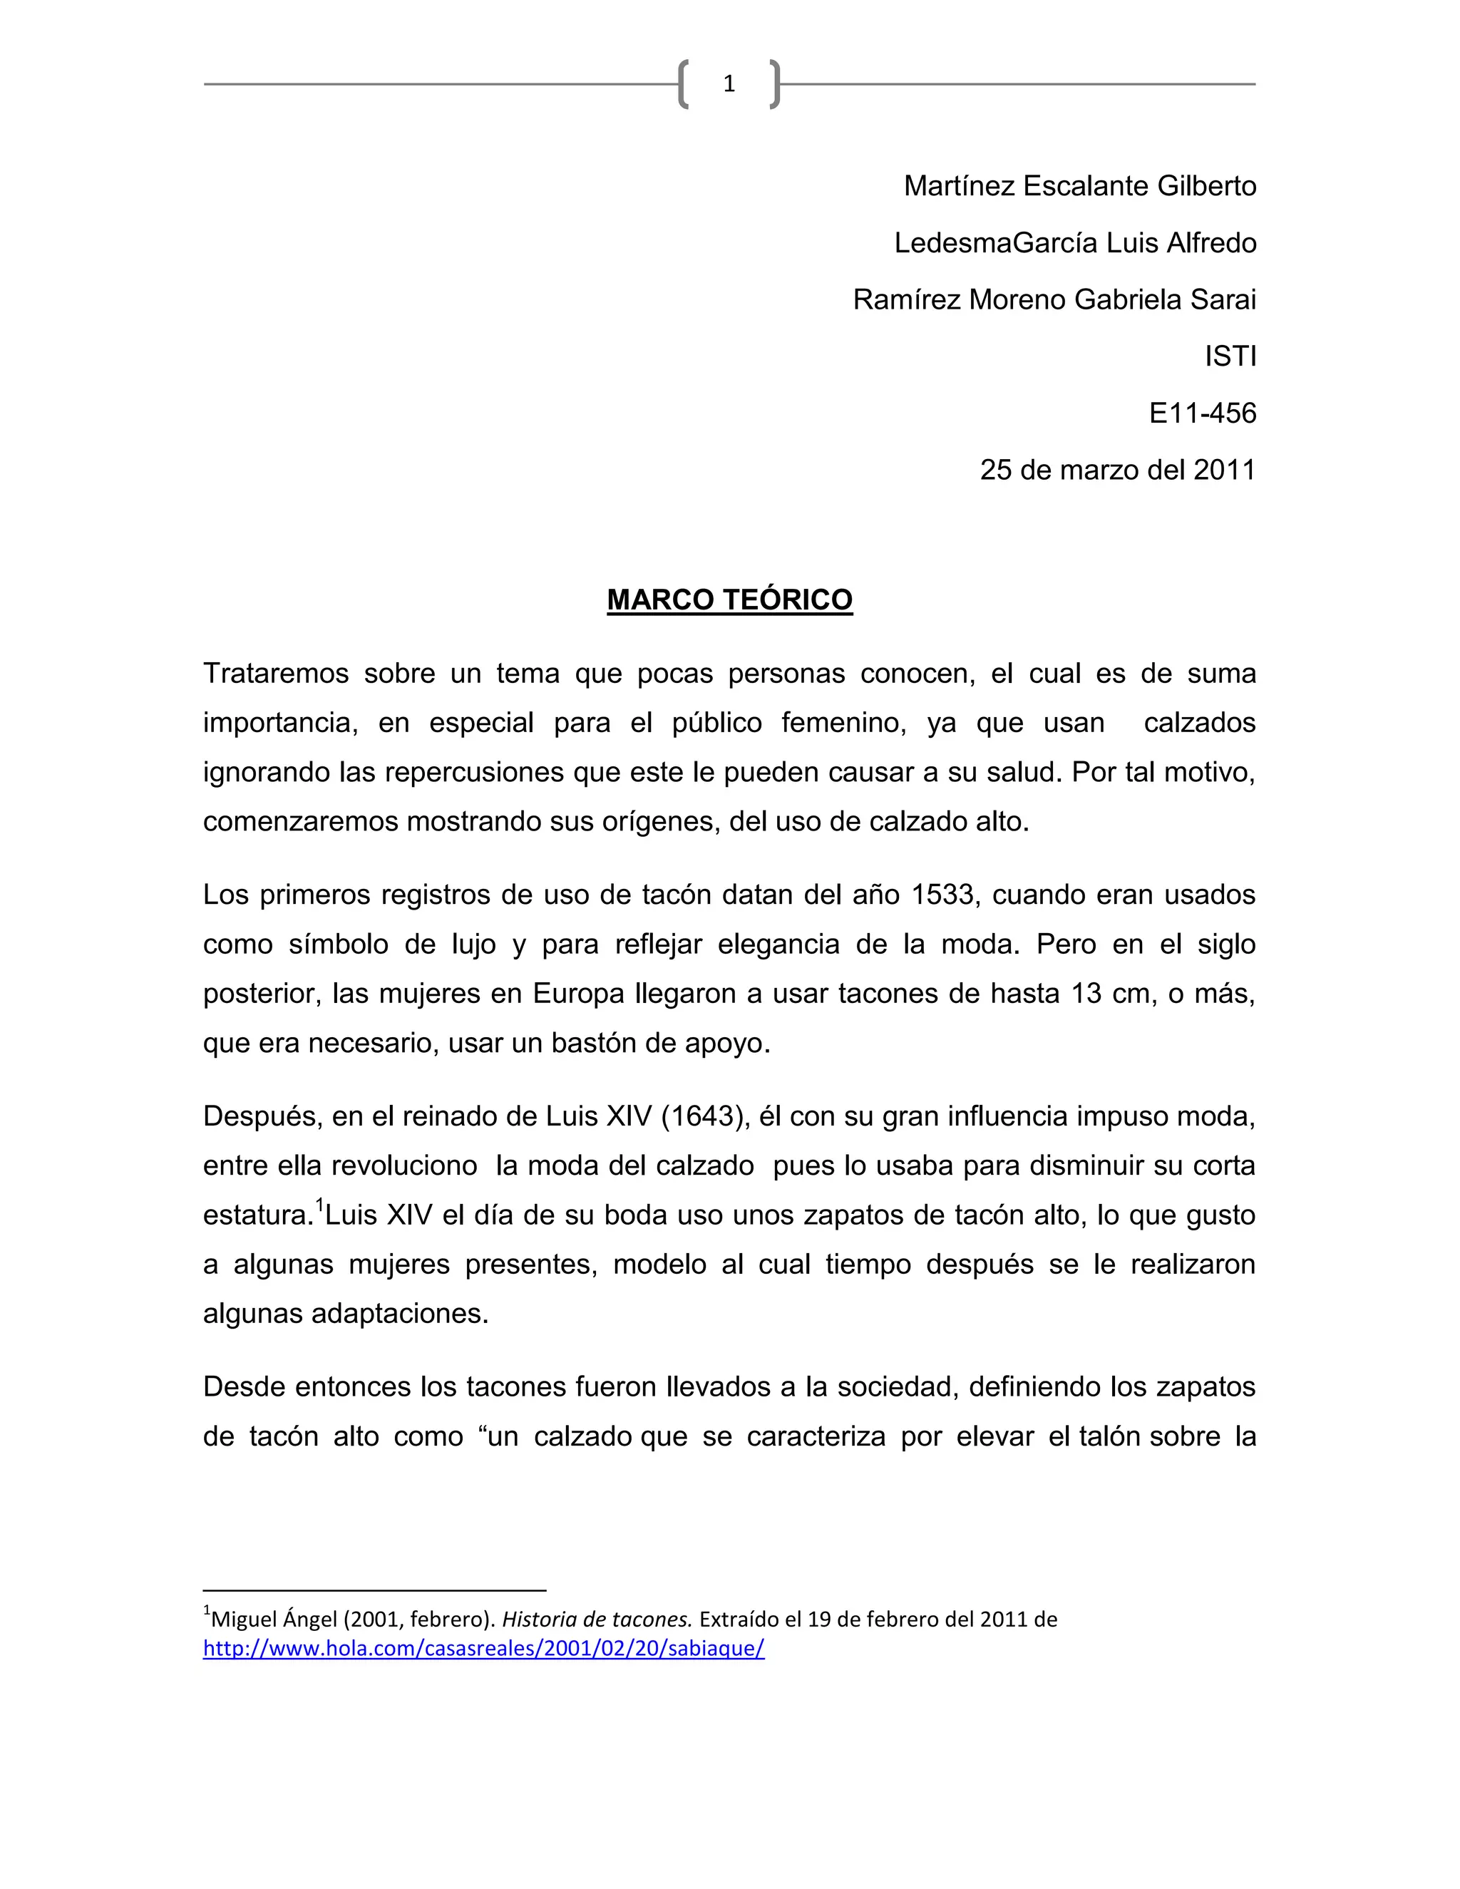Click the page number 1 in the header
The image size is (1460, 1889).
[729, 84]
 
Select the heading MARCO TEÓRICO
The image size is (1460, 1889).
[729, 599]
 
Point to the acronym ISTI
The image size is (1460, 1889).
[1230, 356]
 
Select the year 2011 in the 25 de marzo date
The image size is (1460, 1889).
[1224, 470]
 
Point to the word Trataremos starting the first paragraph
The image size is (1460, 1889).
[275, 674]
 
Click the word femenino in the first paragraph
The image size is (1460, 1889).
[843, 723]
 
